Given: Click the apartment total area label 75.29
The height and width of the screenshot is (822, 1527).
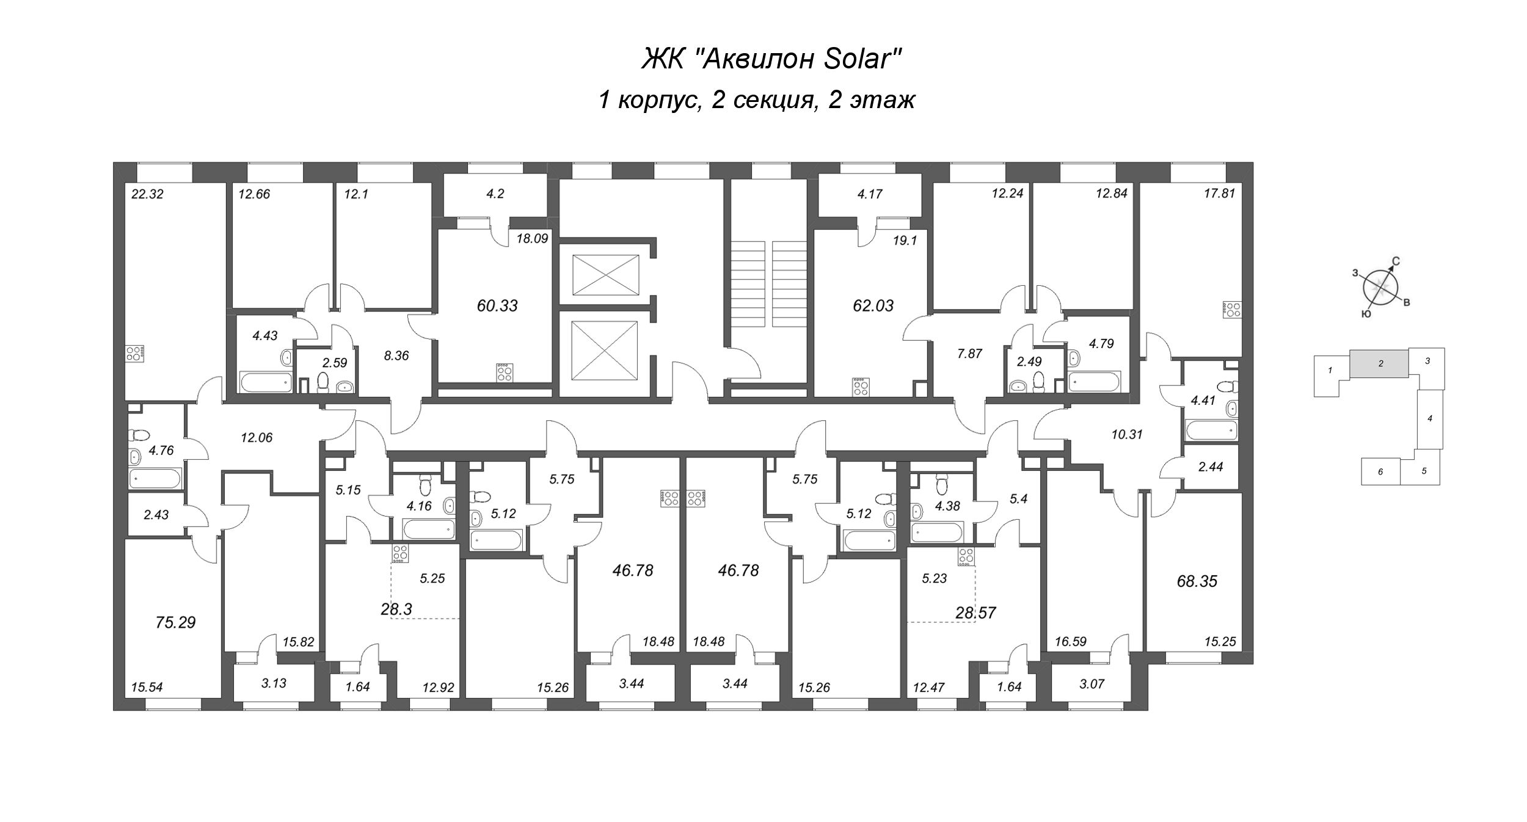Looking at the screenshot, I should click(x=175, y=622).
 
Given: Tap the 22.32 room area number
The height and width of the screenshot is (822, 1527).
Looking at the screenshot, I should click(x=148, y=195).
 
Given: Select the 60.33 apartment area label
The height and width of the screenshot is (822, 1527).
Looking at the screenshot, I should click(x=497, y=305).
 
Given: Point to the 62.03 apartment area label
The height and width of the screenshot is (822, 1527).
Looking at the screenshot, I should click(x=873, y=305).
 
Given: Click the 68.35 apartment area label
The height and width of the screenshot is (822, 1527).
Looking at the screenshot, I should click(x=1197, y=581).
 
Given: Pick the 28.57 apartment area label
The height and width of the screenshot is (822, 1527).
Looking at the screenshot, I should click(x=975, y=613).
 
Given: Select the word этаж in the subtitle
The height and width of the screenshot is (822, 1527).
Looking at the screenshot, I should click(x=886, y=100).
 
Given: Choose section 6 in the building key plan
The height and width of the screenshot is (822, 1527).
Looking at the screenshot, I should click(x=1380, y=471).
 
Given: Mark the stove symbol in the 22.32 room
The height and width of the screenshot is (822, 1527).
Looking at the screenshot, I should click(x=134, y=353).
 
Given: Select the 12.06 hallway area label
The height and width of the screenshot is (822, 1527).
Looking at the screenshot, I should click(x=257, y=438).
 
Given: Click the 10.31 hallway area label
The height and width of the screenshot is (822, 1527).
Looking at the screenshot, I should click(x=1127, y=435).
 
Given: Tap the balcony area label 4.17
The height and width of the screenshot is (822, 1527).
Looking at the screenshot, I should click(x=870, y=195).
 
